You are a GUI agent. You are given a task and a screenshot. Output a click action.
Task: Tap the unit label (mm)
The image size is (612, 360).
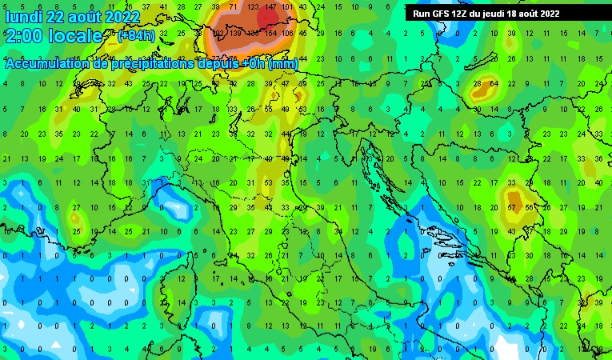pyautogui.click(x=283, y=64)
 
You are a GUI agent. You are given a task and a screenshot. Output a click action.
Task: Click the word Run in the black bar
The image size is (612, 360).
pyautogui.click(x=422, y=14)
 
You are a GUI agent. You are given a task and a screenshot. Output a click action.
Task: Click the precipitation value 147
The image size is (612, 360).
pyautogui.click(x=269, y=7)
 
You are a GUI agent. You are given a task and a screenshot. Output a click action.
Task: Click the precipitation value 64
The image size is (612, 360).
pyautogui.click(x=494, y=84)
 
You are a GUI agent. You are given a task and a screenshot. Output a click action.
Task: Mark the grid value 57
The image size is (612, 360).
pyautogui.click(x=511, y=207)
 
